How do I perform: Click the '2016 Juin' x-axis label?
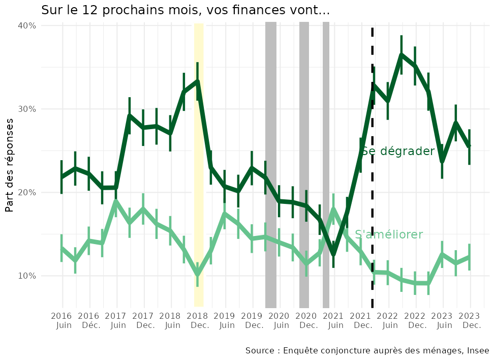pos(62,321)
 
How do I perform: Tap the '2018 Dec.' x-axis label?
pos(198,321)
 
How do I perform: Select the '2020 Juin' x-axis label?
pos(280,321)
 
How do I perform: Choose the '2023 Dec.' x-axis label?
pos(470,321)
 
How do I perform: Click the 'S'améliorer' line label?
pos(389,234)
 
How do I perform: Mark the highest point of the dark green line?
pos(401,54)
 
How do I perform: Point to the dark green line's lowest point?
pos(333,254)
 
